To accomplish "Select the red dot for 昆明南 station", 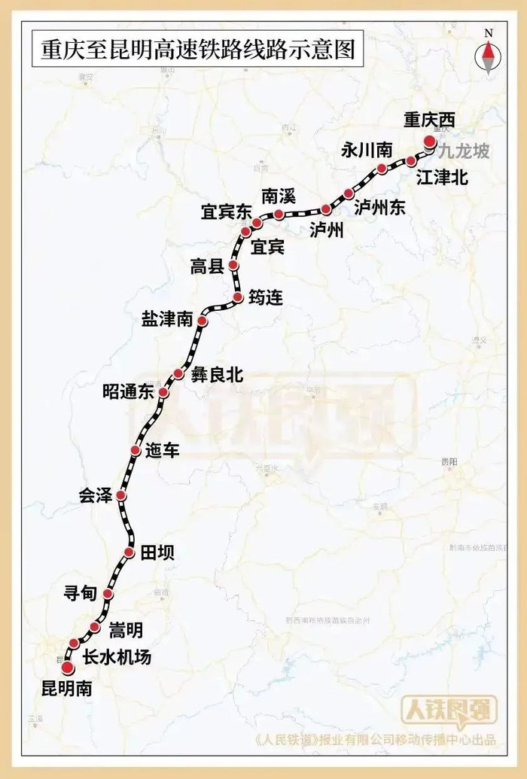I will pyautogui.click(x=67, y=668).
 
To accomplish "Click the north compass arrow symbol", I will pyautogui.click(x=488, y=56).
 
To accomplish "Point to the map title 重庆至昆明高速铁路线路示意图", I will pyautogui.click(x=187, y=50).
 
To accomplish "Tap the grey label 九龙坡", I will pyautogui.click(x=465, y=152).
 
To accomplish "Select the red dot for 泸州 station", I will pyautogui.click(x=326, y=209).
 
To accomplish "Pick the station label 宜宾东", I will pyautogui.click(x=225, y=212).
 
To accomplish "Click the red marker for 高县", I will pyautogui.click(x=233, y=266).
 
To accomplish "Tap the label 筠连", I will pyautogui.click(x=265, y=298).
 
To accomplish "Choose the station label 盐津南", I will pyautogui.click(x=167, y=319).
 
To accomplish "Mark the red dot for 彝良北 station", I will pyautogui.click(x=178, y=373).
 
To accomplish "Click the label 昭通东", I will pyautogui.click(x=128, y=392).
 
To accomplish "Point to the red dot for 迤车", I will pyautogui.click(x=135, y=450).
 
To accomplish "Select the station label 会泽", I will pyautogui.click(x=95, y=496).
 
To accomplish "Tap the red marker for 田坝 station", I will pyautogui.click(x=128, y=553).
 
